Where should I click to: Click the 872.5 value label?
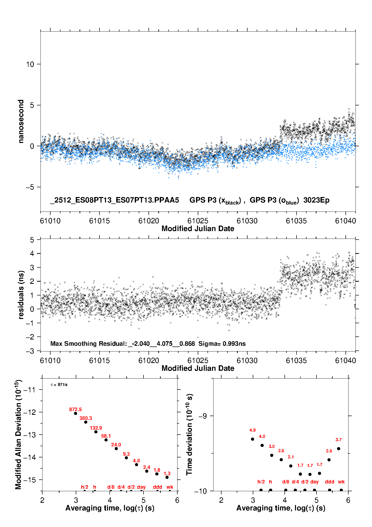point(75,409)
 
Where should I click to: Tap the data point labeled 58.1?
point(106,440)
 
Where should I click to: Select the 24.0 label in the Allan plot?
point(116,445)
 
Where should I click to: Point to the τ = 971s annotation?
point(59,385)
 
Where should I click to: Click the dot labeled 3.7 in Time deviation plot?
point(338,449)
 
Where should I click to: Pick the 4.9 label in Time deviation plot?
point(252,430)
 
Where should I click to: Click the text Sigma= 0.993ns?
point(222,343)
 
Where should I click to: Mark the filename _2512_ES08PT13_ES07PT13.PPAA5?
point(114,200)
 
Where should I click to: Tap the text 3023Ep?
point(316,200)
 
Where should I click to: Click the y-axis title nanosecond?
point(21,121)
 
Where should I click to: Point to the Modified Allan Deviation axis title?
point(18,434)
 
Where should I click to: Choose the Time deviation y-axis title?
point(189,434)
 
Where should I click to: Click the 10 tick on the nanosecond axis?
point(30,64)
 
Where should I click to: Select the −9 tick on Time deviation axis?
point(202,416)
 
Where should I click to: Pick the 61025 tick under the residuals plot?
point(198,361)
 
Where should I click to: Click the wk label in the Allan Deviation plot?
point(170,487)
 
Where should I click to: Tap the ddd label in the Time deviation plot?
point(329,482)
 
